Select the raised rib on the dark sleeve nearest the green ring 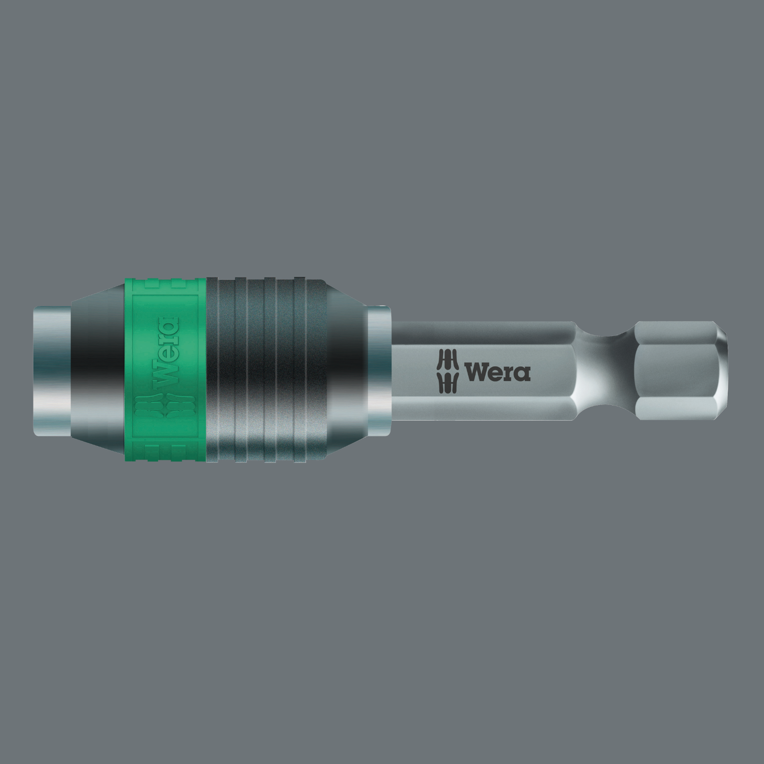(x=221, y=370)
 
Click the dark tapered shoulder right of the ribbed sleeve (x=346, y=370)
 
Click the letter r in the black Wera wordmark (x=509, y=374)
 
